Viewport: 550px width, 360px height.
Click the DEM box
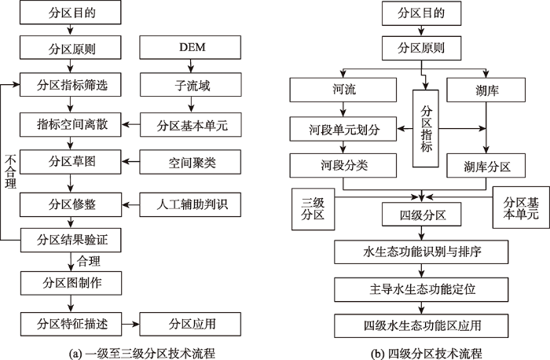(x=190, y=47)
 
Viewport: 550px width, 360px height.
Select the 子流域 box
(x=190, y=85)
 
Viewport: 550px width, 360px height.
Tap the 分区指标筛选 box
(x=71, y=85)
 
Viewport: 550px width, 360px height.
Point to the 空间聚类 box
(x=190, y=162)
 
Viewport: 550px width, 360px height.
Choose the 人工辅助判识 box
(x=190, y=204)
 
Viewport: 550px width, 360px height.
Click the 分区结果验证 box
(x=71, y=241)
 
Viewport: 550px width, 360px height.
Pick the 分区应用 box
(x=190, y=324)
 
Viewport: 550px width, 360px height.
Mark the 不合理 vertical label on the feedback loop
(x=10, y=172)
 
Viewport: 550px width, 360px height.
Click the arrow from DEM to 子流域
(x=190, y=66)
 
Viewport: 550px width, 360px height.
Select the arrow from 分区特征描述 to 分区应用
(x=131, y=324)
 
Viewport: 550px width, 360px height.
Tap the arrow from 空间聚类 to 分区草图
(x=130, y=162)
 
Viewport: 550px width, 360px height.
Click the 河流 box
(x=343, y=90)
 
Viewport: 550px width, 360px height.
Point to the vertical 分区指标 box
(x=426, y=128)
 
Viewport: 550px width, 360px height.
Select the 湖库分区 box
(x=486, y=166)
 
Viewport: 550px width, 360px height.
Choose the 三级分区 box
(x=313, y=209)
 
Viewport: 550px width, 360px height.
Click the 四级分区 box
(x=422, y=215)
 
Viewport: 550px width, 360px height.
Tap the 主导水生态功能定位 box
(x=421, y=289)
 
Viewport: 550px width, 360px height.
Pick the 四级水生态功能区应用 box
(x=421, y=326)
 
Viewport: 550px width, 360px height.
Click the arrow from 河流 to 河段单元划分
(x=343, y=109)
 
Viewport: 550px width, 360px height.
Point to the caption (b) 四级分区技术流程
(x=426, y=354)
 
